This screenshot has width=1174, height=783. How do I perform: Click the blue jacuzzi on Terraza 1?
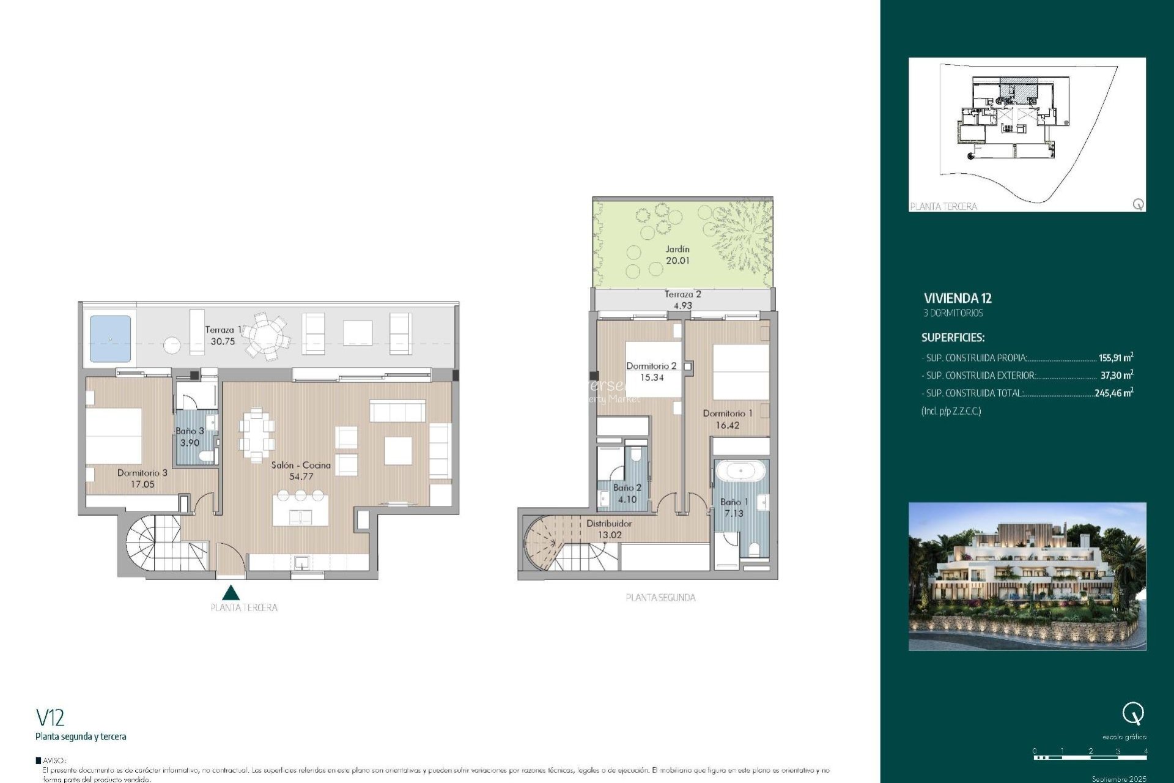tap(110, 338)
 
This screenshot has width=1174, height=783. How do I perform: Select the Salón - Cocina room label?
tap(301, 465)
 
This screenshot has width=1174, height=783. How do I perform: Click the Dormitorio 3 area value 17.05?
tap(142, 484)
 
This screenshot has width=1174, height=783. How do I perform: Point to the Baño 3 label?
tap(190, 431)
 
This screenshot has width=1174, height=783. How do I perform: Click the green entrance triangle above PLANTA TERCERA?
tap(231, 593)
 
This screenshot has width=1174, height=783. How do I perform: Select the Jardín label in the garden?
tap(677, 249)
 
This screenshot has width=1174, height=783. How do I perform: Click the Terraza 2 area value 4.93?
tap(682, 306)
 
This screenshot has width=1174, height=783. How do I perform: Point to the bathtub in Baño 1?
tap(740, 472)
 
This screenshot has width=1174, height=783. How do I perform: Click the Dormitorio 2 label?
tap(651, 366)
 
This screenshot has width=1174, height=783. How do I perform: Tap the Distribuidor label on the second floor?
tap(609, 524)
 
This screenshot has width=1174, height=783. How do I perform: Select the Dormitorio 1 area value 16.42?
tap(728, 425)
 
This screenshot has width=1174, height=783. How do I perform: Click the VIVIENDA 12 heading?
tap(958, 299)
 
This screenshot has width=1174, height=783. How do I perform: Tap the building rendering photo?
tap(1027, 576)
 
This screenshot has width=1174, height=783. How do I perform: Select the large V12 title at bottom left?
tap(50, 717)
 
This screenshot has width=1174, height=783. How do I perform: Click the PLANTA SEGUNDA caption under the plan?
tap(660, 598)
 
